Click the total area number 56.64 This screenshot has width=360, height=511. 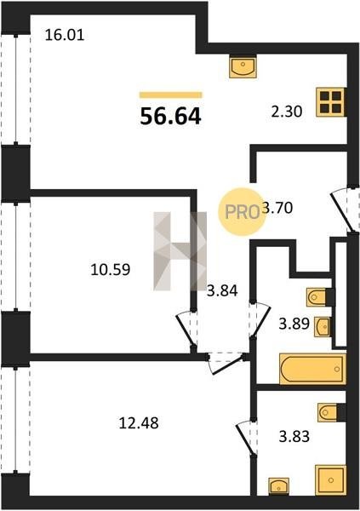[x=170, y=117]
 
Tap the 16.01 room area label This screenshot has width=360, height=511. [x=65, y=35]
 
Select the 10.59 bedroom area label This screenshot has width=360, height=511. [x=111, y=269]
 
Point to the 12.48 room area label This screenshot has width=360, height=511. [x=139, y=423]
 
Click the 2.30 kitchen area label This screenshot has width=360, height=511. [x=287, y=112]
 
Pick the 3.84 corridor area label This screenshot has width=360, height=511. [x=222, y=290]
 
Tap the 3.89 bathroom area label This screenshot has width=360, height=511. [x=294, y=324]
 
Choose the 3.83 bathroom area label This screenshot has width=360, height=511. [x=294, y=436]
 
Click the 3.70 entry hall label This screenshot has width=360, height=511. [x=277, y=208]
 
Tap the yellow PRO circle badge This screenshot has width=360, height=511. [x=242, y=212]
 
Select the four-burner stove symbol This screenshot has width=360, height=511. [x=331, y=102]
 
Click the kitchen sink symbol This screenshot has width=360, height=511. [x=243, y=66]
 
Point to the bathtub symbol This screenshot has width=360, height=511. [x=312, y=370]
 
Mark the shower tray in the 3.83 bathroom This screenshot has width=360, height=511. [x=331, y=480]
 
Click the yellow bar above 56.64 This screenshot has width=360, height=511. [x=171, y=95]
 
